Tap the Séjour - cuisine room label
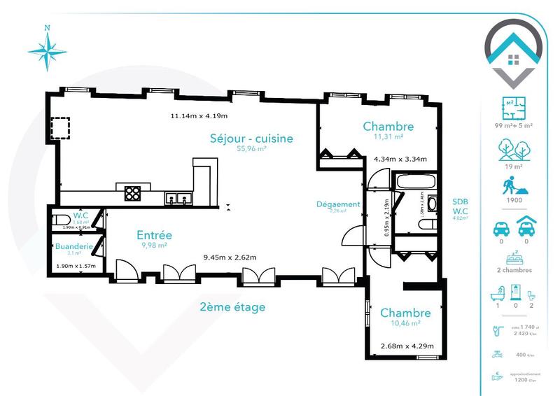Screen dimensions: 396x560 coord(251,138)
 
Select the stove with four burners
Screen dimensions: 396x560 coord(132,192)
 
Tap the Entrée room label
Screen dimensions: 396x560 coord(154,235)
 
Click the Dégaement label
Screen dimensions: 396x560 coord(338,204)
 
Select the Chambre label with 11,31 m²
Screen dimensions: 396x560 coord(388,127)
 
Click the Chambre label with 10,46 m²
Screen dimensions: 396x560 coord(405,313)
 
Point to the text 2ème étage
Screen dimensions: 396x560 coord(233,306)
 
